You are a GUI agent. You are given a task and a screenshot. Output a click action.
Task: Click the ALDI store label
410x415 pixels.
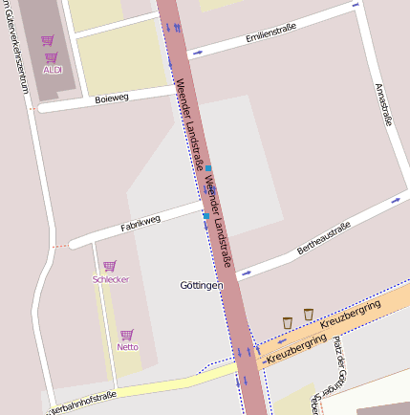point(53,70)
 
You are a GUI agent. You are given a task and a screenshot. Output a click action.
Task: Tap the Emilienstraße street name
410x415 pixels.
point(270,38)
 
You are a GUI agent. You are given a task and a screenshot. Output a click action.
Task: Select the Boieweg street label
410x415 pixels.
point(112,98)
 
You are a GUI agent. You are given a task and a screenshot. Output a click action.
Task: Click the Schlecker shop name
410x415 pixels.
point(110,279)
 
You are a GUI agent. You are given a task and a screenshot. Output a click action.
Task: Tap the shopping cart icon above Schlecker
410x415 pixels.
point(110,266)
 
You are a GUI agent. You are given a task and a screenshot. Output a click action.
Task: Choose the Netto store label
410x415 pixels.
point(127,347)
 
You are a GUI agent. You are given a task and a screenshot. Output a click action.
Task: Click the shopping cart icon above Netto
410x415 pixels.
point(127,335)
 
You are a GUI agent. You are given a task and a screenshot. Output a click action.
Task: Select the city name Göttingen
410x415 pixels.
point(201,286)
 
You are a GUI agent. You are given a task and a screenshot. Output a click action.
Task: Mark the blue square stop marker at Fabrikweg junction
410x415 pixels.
point(205,217)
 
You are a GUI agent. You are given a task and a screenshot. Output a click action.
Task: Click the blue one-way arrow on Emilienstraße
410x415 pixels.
point(197,53)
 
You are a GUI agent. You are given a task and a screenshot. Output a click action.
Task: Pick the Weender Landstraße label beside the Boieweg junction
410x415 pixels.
point(187,120)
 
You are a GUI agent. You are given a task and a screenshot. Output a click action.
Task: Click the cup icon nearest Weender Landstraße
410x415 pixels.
point(288,321)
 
